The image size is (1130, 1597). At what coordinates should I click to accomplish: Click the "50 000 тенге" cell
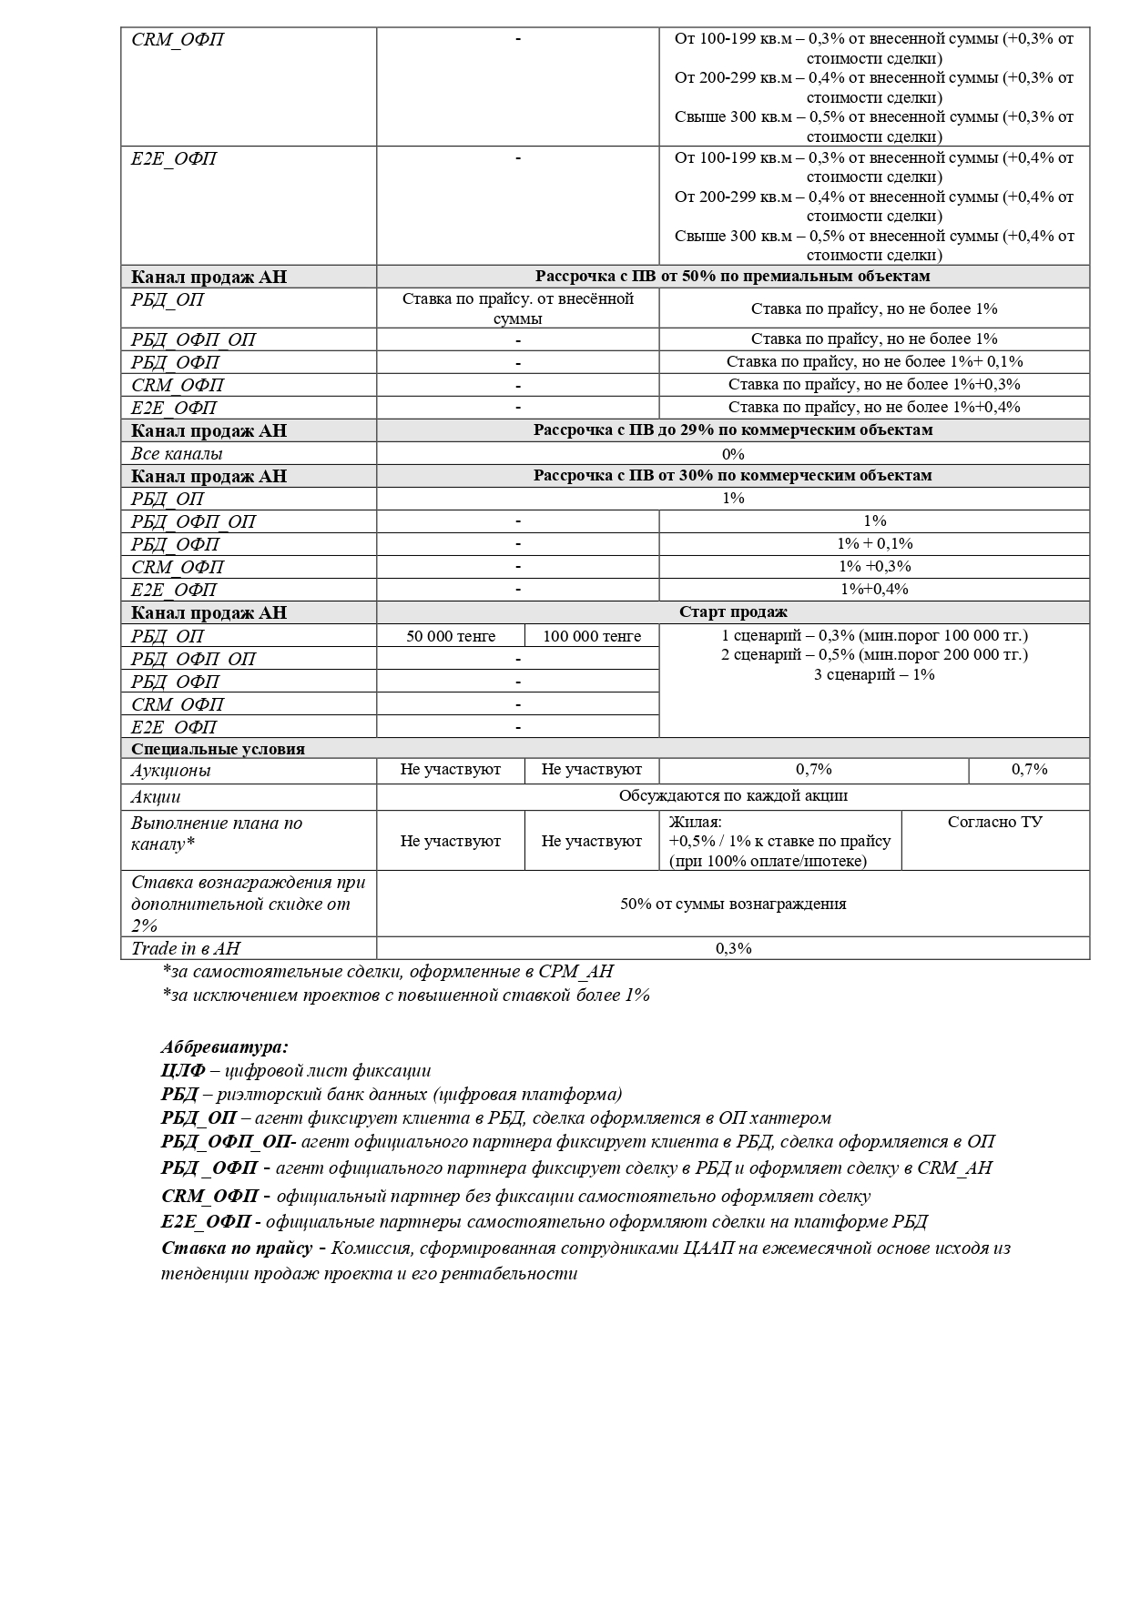(x=450, y=636)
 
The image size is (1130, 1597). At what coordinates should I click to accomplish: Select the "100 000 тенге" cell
(x=592, y=636)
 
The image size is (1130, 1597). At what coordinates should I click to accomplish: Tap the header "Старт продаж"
(x=733, y=612)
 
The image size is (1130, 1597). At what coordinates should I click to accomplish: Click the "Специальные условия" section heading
(x=218, y=749)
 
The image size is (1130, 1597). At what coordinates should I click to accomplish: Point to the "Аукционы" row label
(x=171, y=771)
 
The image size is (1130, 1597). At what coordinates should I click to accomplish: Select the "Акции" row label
(x=156, y=796)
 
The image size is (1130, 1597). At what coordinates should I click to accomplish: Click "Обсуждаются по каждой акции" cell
(x=733, y=795)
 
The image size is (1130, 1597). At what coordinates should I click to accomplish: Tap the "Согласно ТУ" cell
(x=995, y=822)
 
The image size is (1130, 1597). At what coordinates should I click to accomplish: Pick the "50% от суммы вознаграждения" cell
(x=733, y=904)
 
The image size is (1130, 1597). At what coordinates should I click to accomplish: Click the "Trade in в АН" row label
(x=186, y=948)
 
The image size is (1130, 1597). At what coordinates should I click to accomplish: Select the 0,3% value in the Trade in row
(x=733, y=948)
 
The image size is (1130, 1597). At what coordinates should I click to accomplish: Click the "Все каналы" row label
(x=177, y=453)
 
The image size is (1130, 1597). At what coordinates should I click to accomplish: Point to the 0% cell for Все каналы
(x=733, y=453)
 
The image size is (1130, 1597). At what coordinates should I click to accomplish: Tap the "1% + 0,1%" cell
(x=874, y=543)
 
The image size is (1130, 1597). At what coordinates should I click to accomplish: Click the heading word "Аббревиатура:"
(x=225, y=1047)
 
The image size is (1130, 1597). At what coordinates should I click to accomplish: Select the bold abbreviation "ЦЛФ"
(x=183, y=1071)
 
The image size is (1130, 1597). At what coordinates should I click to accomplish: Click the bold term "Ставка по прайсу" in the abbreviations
(x=238, y=1248)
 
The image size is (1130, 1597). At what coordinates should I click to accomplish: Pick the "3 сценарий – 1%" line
(x=874, y=674)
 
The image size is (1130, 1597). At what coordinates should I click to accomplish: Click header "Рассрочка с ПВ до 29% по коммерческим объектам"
(x=733, y=430)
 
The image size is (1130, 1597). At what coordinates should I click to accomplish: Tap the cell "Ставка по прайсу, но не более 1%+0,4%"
(x=874, y=407)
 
